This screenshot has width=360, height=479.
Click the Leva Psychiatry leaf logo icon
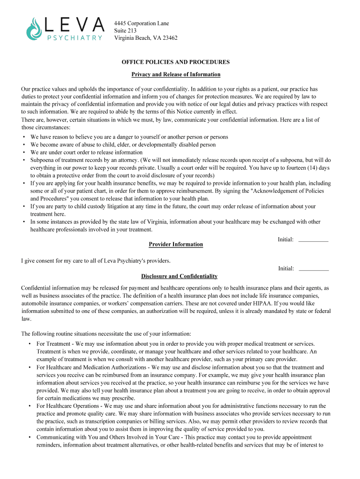tap(34, 29)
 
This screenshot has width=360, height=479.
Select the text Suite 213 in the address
tap(125, 30)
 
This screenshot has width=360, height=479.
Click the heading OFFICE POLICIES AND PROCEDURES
tap(176, 62)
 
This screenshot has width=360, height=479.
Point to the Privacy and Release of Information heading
tap(176, 74)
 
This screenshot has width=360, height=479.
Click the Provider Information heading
tap(176, 244)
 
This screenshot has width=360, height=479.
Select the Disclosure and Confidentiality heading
tap(176, 276)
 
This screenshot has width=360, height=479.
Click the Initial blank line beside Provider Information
tap(313, 240)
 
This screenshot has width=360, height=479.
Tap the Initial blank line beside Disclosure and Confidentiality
tap(313, 269)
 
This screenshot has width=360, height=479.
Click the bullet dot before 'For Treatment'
tap(30, 344)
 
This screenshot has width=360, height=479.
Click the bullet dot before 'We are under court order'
tap(24, 152)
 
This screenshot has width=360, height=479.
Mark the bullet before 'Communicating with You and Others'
tap(30, 437)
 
